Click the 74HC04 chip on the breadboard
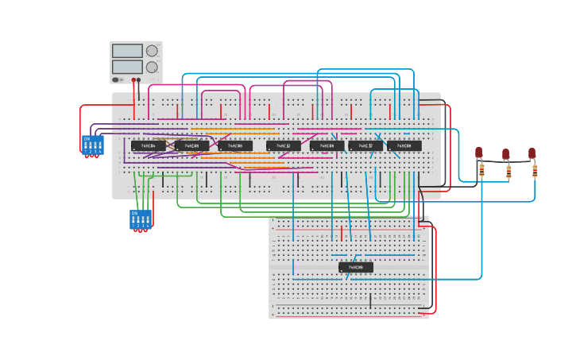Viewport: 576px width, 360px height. coord(149,145)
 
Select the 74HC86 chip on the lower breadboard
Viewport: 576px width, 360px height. coord(356,267)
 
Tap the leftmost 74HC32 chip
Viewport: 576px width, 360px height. coord(283,145)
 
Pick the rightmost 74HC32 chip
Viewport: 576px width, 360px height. coord(365,145)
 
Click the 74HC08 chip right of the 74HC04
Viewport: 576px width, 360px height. coord(191,145)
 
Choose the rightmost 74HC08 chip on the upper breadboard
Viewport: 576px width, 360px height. coord(404,145)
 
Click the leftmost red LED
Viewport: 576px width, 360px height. coord(479,152)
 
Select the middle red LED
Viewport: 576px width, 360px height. coord(505,154)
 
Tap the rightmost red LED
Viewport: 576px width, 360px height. coord(532,153)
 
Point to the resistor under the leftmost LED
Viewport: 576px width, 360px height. coord(481,168)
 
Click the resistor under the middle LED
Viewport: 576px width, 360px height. coord(508,170)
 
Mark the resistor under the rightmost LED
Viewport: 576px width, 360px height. coord(535,169)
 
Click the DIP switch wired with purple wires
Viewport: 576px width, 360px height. coord(93,145)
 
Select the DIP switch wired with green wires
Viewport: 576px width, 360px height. coord(140,219)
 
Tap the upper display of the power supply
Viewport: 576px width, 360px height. coord(127,51)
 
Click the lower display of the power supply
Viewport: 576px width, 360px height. coord(127,67)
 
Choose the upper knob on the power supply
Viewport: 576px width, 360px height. coord(152,51)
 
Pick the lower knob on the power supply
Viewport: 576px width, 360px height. coord(152,67)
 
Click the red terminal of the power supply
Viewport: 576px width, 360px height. coord(133,79)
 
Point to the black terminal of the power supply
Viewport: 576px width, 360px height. coord(139,79)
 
